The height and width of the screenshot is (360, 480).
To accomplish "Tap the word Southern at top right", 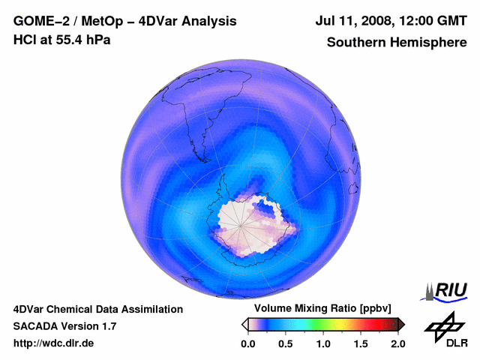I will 354,43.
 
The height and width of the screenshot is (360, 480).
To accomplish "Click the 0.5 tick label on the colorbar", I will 286,343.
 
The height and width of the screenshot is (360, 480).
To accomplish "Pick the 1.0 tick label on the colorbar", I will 323,343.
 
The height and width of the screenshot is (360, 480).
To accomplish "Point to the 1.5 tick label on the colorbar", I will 361,343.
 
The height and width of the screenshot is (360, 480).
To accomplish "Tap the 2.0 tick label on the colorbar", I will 398,343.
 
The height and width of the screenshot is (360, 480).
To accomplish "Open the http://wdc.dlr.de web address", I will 54,343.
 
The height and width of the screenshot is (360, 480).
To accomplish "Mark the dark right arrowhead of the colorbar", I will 401,324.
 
